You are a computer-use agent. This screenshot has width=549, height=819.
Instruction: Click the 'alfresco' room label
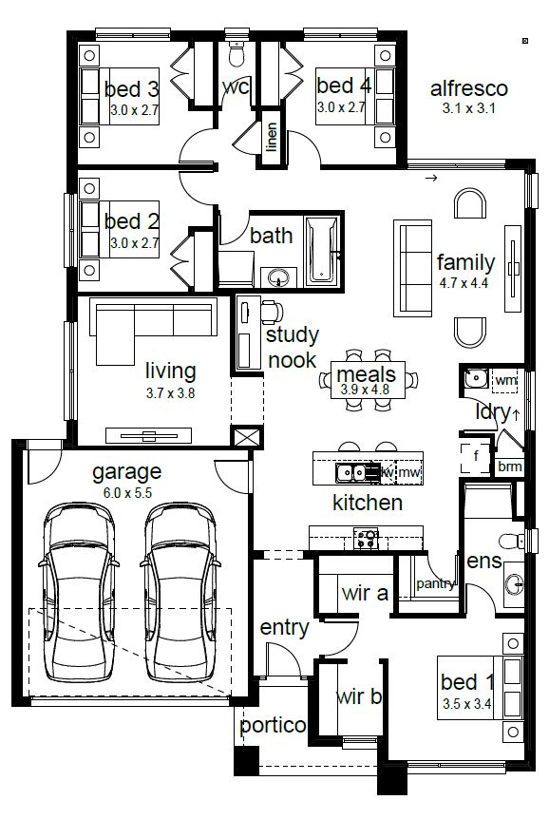pyautogui.click(x=468, y=88)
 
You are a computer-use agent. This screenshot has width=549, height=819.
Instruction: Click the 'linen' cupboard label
pyautogui.click(x=271, y=136)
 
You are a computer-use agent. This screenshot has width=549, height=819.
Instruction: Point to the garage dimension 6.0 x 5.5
pyautogui.click(x=127, y=492)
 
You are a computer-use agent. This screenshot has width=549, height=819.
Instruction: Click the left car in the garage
pyautogui.click(x=79, y=592)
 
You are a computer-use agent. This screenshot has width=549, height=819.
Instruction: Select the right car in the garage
pyautogui.click(x=180, y=592)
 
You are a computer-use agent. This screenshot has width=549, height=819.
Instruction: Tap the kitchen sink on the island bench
pyautogui.click(x=351, y=472)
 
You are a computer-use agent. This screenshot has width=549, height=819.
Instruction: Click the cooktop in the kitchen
pyautogui.click(x=367, y=539)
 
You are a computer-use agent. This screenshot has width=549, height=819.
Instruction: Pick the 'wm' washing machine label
pyautogui.click(x=505, y=380)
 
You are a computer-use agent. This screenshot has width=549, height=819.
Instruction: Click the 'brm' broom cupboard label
pyautogui.click(x=509, y=466)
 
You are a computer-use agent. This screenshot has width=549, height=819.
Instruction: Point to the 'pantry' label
pyautogui.click(x=435, y=584)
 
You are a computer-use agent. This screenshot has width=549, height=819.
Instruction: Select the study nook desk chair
pyautogui.click(x=272, y=312)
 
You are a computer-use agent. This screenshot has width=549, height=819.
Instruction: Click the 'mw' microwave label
pyautogui.click(x=409, y=473)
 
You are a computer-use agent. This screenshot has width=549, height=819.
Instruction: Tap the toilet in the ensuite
pyautogui.click(x=511, y=540)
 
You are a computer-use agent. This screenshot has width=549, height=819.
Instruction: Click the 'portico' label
pyautogui.click(x=273, y=726)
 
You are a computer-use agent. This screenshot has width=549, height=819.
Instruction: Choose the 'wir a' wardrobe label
pyautogui.click(x=365, y=594)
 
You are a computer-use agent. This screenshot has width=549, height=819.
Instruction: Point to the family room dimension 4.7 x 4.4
pyautogui.click(x=464, y=283)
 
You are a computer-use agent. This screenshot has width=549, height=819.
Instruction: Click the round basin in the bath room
pyautogui.click(x=278, y=276)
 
